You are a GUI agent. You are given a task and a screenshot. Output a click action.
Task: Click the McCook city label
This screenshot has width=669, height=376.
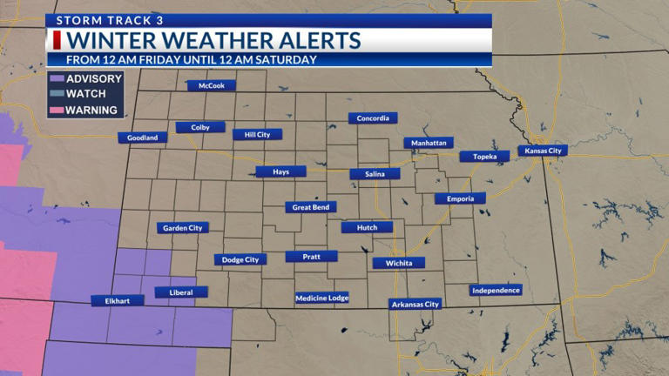point(212,86)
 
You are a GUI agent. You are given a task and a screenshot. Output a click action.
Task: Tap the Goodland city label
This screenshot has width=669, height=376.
point(142,138)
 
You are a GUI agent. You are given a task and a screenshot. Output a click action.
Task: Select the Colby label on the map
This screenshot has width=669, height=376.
point(200,127)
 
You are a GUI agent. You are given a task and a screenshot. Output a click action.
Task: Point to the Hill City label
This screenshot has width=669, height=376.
point(257,135)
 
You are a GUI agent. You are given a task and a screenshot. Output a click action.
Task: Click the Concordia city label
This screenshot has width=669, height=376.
point(373,118)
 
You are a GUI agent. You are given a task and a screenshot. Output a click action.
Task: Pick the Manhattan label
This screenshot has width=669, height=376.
point(428,143)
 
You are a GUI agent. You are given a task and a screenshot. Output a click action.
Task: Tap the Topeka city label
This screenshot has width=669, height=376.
point(484,157)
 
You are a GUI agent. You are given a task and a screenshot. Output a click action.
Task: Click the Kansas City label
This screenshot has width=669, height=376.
point(543,151)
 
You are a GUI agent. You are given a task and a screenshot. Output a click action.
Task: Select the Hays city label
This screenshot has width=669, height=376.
point(280,171)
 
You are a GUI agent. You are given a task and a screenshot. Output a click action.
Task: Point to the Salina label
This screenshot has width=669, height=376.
point(375,174)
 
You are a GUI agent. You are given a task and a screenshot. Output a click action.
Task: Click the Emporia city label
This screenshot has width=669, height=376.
point(460,198)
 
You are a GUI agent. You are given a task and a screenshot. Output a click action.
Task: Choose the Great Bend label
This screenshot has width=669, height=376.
point(310,207)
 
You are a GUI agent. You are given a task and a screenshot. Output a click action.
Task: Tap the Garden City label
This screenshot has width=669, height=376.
point(183,228)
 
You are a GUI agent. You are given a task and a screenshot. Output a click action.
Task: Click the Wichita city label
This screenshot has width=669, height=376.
point(398,263)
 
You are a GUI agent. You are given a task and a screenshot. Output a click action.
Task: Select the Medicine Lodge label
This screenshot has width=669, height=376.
point(321,298)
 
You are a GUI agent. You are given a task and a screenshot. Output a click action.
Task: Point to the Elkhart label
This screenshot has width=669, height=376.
point(118,300)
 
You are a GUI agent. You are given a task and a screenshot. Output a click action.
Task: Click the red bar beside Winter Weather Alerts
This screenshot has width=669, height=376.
point(57,41)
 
